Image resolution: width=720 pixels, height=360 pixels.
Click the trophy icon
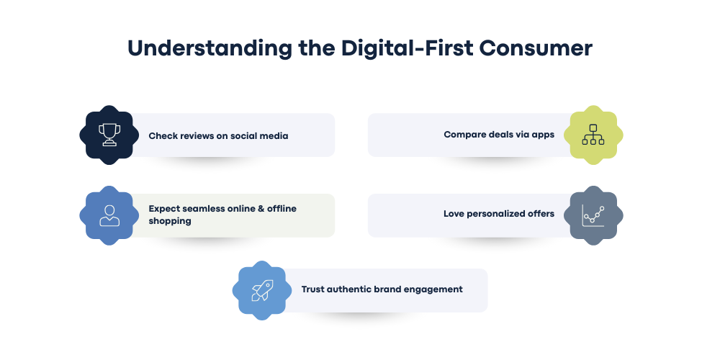coord(109,135)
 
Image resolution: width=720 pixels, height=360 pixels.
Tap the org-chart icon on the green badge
coord(593,135)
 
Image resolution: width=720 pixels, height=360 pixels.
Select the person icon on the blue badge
coord(109,215)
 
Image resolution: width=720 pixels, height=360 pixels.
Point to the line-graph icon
coord(593,215)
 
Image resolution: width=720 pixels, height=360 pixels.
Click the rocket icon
coord(262,290)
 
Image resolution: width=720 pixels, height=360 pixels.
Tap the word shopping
coord(170,222)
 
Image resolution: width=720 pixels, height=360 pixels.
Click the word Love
coord(454,214)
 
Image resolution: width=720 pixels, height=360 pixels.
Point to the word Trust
coord(314,289)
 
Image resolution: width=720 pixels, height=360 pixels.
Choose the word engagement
coord(435,290)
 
